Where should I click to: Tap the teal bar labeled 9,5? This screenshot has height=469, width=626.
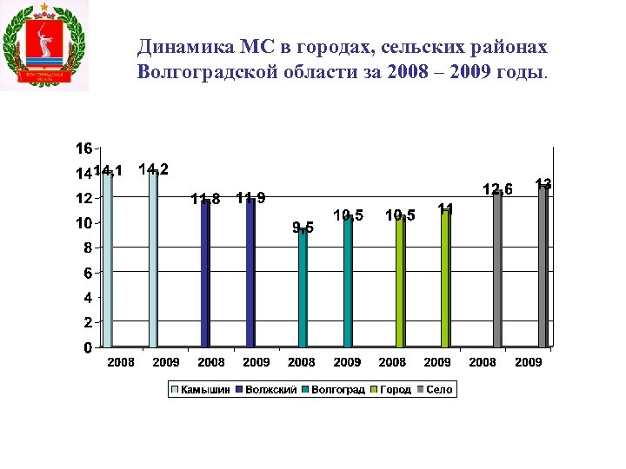[x=302, y=287]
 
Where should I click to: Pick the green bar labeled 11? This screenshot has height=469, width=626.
[x=445, y=278]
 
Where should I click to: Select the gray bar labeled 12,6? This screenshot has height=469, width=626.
[x=497, y=269]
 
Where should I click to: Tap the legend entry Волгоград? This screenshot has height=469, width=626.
[x=337, y=390]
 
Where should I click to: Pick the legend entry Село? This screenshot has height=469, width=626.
[x=438, y=390]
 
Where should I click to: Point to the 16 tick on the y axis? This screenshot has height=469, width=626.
[x=84, y=147]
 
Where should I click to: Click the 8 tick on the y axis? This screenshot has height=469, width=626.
[x=87, y=248]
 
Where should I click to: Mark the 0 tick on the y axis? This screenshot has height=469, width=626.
[x=87, y=347]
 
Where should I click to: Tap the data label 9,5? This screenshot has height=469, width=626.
[x=303, y=228]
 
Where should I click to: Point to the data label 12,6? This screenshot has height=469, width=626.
[x=498, y=189]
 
